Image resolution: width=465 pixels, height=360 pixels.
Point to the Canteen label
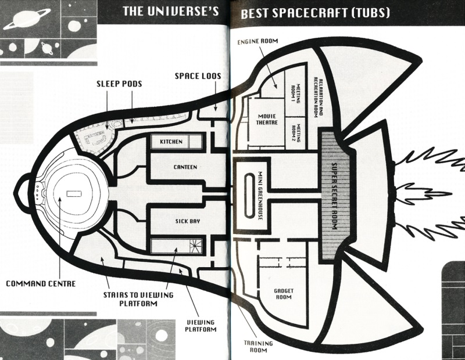click(x=185, y=167)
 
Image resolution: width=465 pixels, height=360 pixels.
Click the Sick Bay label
click(x=184, y=221)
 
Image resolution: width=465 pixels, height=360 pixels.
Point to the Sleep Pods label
click(x=119, y=84)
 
